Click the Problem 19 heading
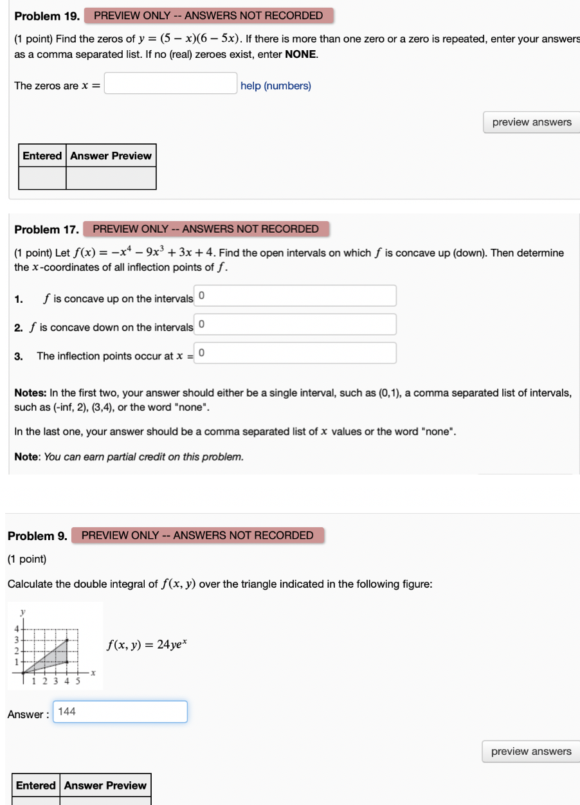pyautogui.click(x=47, y=15)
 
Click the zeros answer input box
pyautogui.click(x=170, y=84)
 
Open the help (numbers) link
pyautogui.click(x=275, y=86)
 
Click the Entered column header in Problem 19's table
pyautogui.click(x=42, y=156)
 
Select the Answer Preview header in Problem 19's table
pyautogui.click(x=111, y=156)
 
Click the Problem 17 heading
pyautogui.click(x=47, y=229)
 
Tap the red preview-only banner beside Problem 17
pyautogui.click(x=206, y=229)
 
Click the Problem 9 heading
pyautogui.click(x=37, y=536)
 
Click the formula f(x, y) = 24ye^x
pyautogui.click(x=149, y=644)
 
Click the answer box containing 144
pyautogui.click(x=120, y=712)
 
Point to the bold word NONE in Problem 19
pyautogui.click(x=301, y=55)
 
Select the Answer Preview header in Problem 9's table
pyautogui.click(x=105, y=785)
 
